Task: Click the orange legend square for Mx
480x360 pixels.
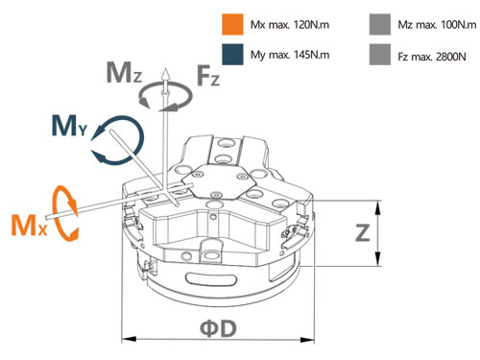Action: tap(232, 24)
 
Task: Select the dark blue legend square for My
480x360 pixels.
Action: tap(232, 55)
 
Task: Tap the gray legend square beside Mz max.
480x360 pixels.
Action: tap(380, 24)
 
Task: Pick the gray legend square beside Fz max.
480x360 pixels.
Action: tap(380, 55)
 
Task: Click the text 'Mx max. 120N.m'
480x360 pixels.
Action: tap(290, 25)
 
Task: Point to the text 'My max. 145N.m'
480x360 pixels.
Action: tap(290, 55)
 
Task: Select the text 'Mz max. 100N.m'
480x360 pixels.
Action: tap(437, 25)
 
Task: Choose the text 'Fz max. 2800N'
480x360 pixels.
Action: tap(432, 57)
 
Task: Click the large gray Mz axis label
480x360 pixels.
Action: tap(124, 73)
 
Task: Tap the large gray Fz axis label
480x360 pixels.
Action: tap(208, 75)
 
